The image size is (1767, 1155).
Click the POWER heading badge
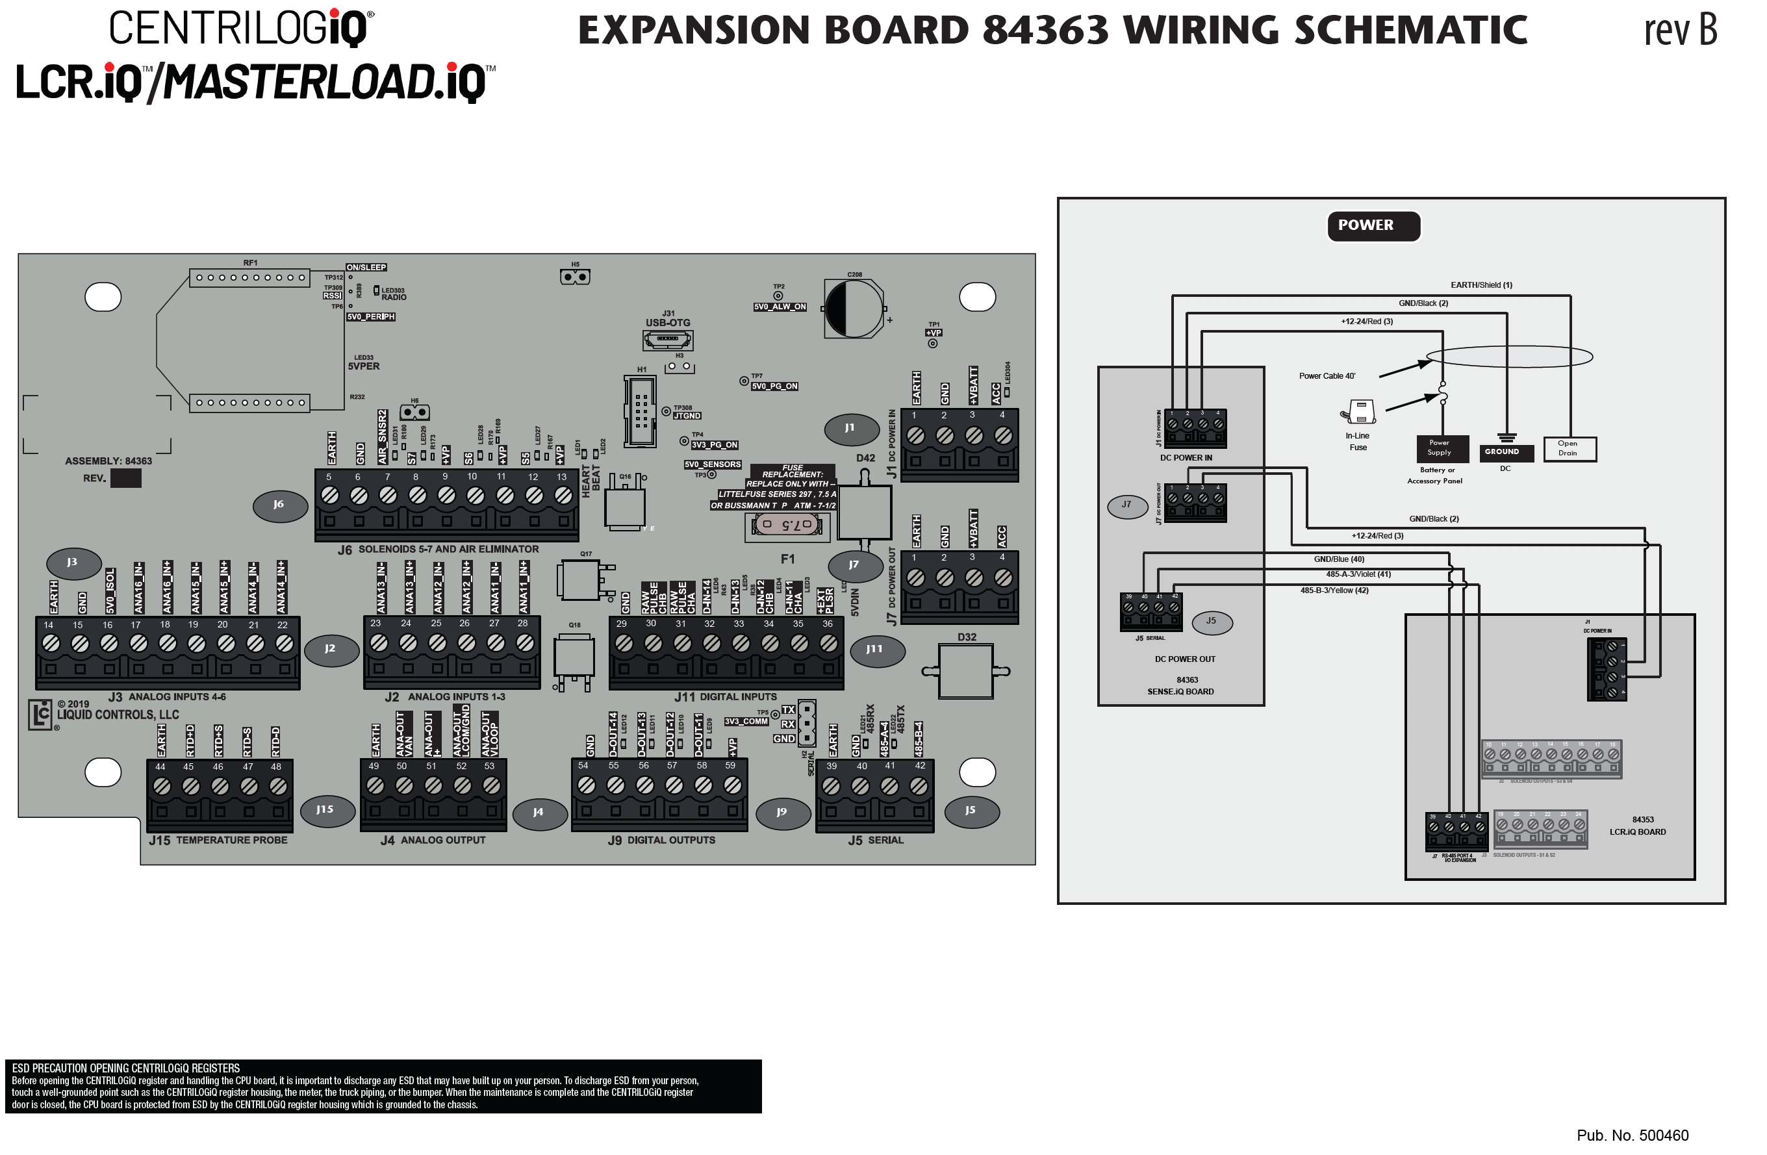point(1373,225)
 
